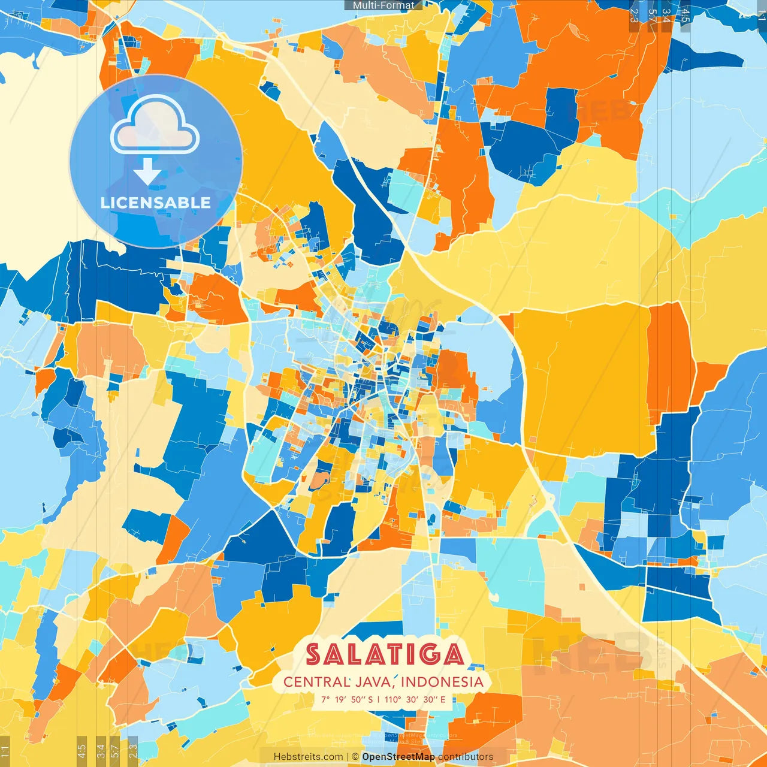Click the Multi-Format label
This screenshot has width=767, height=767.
383,5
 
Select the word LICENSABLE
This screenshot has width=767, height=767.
156,203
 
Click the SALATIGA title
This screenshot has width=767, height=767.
384,654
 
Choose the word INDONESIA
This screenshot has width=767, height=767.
442,682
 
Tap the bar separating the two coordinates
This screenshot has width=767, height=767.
378,699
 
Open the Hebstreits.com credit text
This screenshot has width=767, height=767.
308,757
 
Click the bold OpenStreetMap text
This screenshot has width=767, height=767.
398,757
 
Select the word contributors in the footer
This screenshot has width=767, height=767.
466,757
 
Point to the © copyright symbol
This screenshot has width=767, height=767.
355,757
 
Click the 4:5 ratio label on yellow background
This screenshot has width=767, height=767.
81,749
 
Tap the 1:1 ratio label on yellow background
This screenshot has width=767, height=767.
5,749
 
